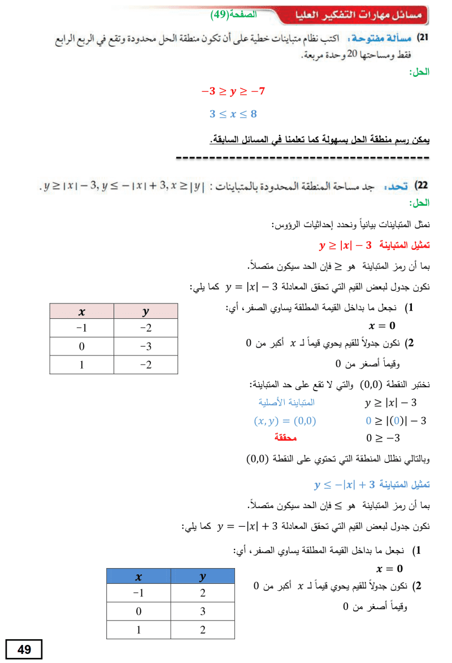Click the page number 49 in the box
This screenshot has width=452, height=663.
24,649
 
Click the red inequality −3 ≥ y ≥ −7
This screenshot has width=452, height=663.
233,91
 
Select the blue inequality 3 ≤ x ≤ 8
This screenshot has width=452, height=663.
233,114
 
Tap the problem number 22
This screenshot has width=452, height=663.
421,186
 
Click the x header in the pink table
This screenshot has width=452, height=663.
81,311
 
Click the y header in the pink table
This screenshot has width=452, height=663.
146,311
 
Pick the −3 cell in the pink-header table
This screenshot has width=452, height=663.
146,346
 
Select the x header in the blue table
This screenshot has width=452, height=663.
138,577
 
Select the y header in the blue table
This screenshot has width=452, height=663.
202,577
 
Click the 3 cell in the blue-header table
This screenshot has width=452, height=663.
202,611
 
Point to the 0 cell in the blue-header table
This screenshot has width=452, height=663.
138,611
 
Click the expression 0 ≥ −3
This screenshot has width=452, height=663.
384,438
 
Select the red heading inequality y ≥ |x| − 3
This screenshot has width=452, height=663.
346,245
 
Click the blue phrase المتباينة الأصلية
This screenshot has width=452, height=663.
285,403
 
